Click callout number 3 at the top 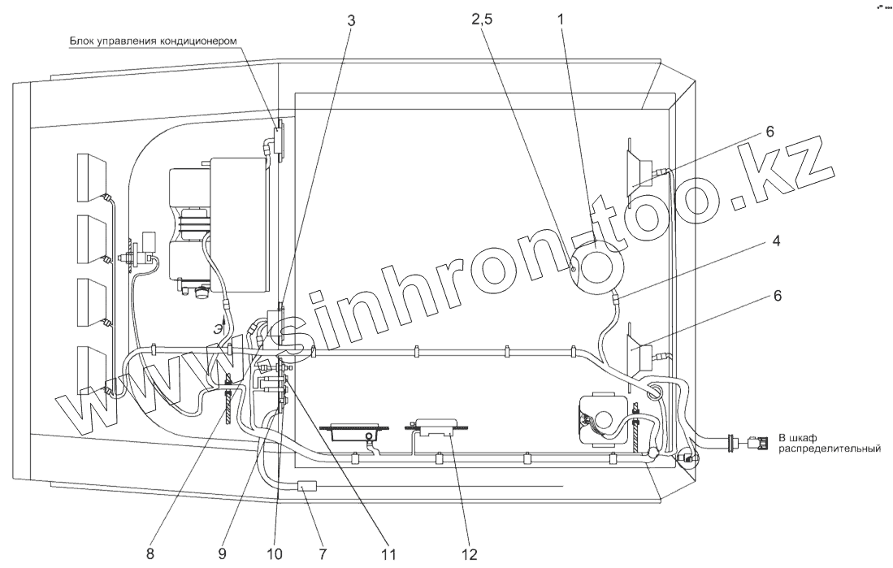point(351,20)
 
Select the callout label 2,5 point(482,20)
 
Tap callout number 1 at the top point(561,20)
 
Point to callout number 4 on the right point(775,241)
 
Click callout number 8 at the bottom point(150,553)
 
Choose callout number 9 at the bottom point(223,553)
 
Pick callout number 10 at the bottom point(273,553)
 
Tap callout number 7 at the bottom point(323,553)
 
